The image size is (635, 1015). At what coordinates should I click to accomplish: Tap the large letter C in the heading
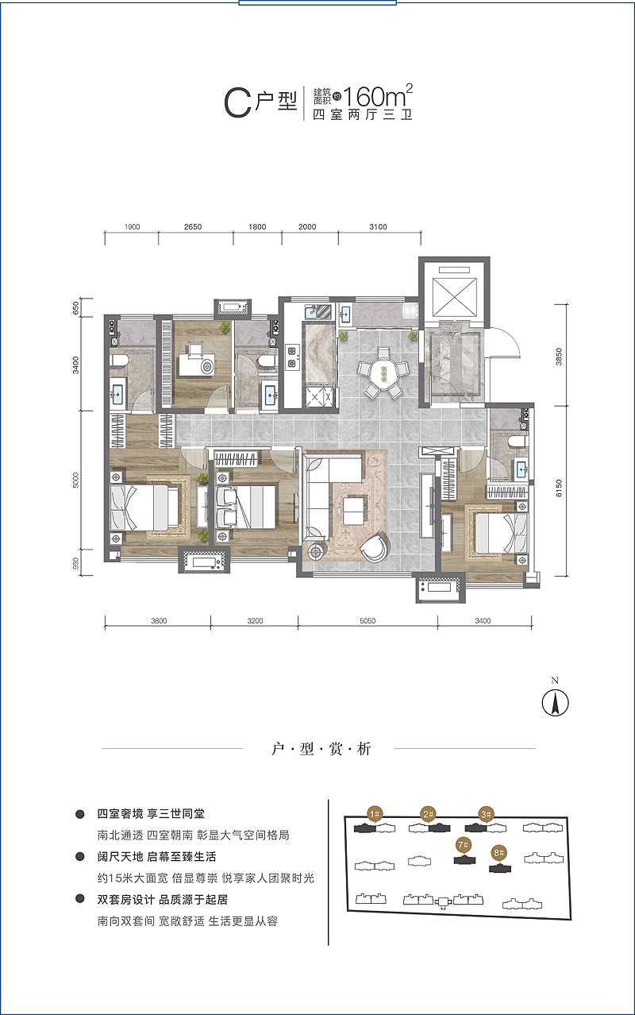237,103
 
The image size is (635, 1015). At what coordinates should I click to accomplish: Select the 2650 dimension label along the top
193,226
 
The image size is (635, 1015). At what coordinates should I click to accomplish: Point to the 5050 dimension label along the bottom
368,621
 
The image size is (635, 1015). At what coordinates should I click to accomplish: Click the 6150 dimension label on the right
559,488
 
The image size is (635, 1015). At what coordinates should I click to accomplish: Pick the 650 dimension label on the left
75,308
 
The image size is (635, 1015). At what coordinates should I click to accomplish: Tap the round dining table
383,374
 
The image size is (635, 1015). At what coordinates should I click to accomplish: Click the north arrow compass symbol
556,703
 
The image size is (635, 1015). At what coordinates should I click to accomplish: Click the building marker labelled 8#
498,853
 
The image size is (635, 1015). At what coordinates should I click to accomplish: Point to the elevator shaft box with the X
455,297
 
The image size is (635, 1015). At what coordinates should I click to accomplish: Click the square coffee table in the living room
352,511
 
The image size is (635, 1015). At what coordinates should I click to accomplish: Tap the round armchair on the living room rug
375,549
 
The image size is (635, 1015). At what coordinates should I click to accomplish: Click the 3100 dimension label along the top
378,226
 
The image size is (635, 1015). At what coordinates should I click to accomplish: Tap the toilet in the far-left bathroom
120,361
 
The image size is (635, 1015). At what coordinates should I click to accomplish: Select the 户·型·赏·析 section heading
321,749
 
